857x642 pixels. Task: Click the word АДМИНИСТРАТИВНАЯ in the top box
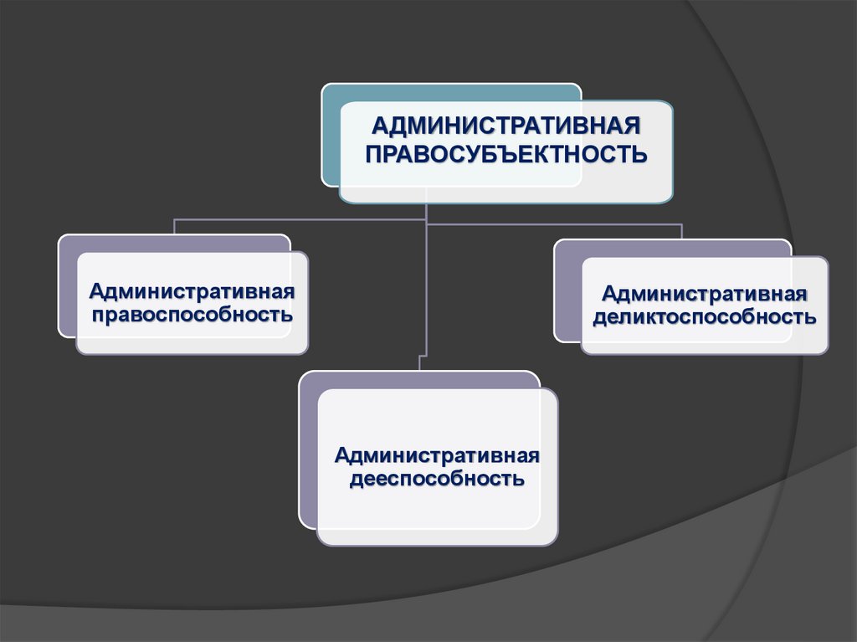505,126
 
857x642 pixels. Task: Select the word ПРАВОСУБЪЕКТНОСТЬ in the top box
505,155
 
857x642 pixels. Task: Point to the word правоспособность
192,316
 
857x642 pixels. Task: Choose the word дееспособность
437,480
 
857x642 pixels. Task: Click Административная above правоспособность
192,292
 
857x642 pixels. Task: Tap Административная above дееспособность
437,456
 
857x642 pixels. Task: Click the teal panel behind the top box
331,134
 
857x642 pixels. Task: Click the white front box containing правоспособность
192,335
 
